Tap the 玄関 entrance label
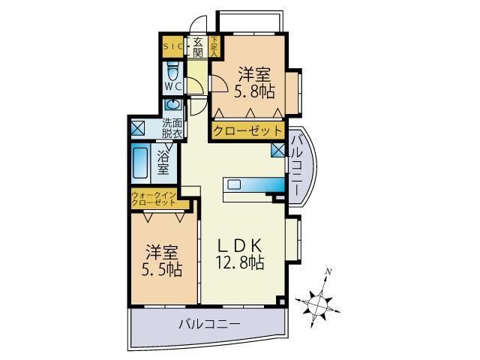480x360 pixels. [198, 46]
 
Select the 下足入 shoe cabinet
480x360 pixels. [214, 46]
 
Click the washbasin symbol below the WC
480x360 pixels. [174, 105]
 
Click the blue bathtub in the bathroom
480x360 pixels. [140, 160]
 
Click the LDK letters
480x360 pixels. [240, 245]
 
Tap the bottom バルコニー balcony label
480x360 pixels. [209, 325]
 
